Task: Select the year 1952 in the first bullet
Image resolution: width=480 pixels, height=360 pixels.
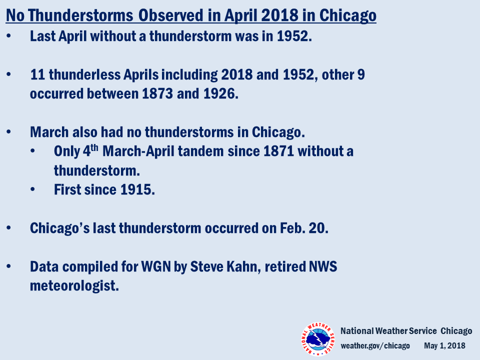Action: [x=294, y=36]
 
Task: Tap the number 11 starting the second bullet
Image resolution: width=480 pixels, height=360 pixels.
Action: [x=37, y=74]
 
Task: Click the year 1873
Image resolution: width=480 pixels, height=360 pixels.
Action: [x=157, y=93]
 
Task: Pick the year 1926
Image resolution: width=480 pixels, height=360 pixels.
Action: [x=220, y=93]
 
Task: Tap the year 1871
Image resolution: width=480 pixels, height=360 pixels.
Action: [x=278, y=151]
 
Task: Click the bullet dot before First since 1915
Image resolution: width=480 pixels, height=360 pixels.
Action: [x=33, y=189]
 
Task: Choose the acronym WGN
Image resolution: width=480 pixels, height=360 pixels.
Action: [x=156, y=266]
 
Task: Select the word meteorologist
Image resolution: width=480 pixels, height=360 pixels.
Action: [x=74, y=286]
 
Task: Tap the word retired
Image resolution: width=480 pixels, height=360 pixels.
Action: [x=284, y=266]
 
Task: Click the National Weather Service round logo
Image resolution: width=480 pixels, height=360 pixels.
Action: [x=318, y=339]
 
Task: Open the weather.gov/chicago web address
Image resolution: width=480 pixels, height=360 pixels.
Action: [x=375, y=346]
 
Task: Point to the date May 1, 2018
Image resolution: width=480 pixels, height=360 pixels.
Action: [x=444, y=346]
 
